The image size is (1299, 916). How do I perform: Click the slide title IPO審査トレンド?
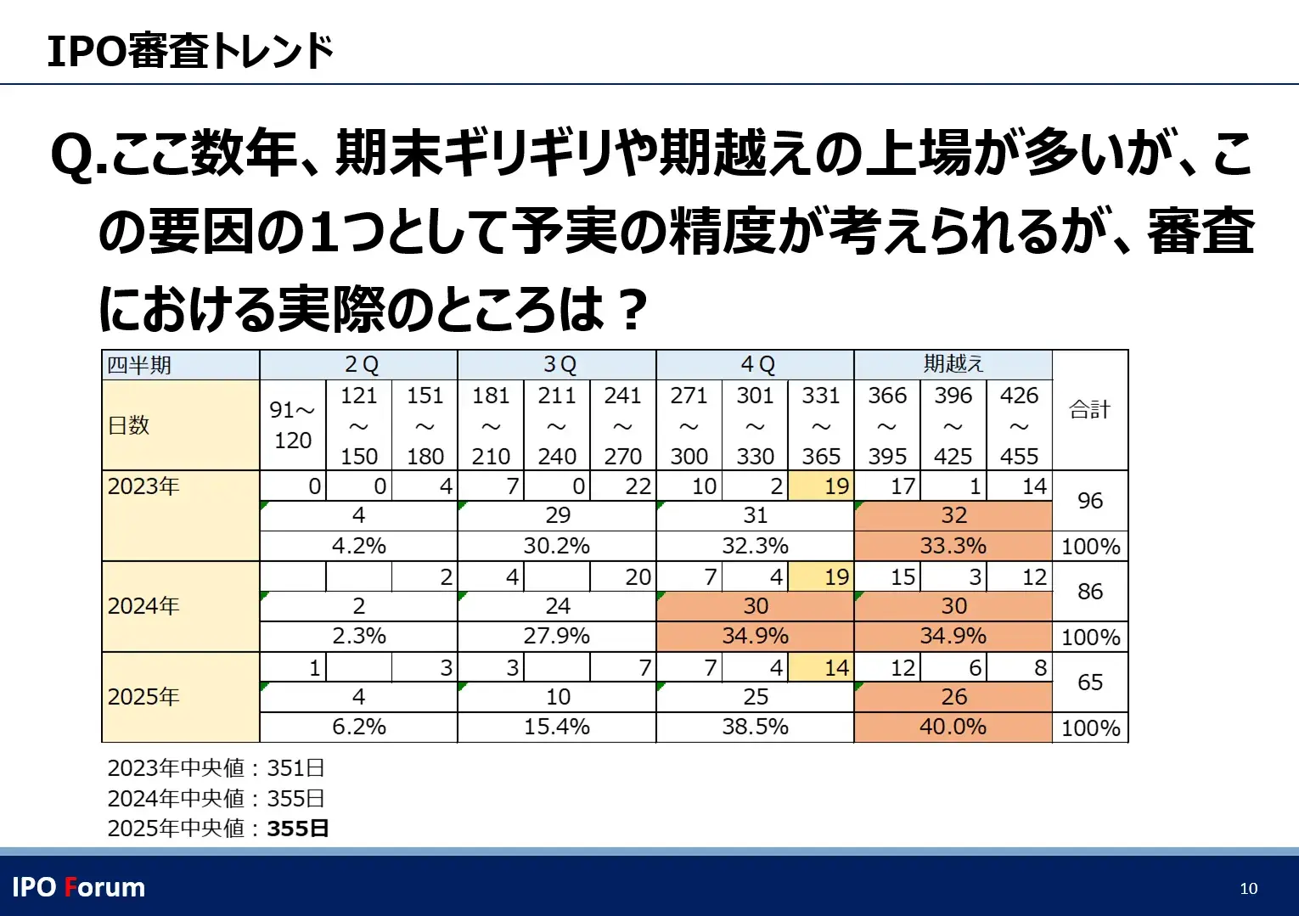pyautogui.click(x=190, y=51)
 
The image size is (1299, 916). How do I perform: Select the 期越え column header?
pyautogui.click(x=953, y=364)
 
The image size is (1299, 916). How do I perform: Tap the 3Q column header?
pyautogui.click(x=557, y=364)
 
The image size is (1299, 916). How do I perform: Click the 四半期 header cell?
pyautogui.click(x=180, y=365)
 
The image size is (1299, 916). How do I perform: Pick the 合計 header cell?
pyautogui.click(x=1089, y=410)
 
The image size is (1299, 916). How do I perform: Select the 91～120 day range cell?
pyautogui.click(x=292, y=424)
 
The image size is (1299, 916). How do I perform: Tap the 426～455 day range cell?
pyautogui.click(x=1019, y=424)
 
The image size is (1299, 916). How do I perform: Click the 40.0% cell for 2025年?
pyautogui.click(x=953, y=727)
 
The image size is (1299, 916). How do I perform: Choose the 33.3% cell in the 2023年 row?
pyautogui.click(x=953, y=545)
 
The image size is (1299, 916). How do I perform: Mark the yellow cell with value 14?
pyautogui.click(x=821, y=668)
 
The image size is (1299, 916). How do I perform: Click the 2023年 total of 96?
pyautogui.click(x=1089, y=501)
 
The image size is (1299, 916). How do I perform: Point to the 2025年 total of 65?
pyautogui.click(x=1089, y=682)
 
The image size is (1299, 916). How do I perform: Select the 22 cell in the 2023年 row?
pyautogui.click(x=623, y=486)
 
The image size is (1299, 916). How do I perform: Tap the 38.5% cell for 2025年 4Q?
pyautogui.click(x=755, y=727)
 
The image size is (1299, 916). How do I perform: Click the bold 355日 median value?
pyautogui.click(x=297, y=828)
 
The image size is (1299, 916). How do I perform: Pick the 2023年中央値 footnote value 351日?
pyautogui.click(x=295, y=767)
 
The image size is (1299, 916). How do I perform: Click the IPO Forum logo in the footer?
pyautogui.click(x=79, y=887)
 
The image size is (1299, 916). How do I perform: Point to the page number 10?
pyautogui.click(x=1248, y=888)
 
